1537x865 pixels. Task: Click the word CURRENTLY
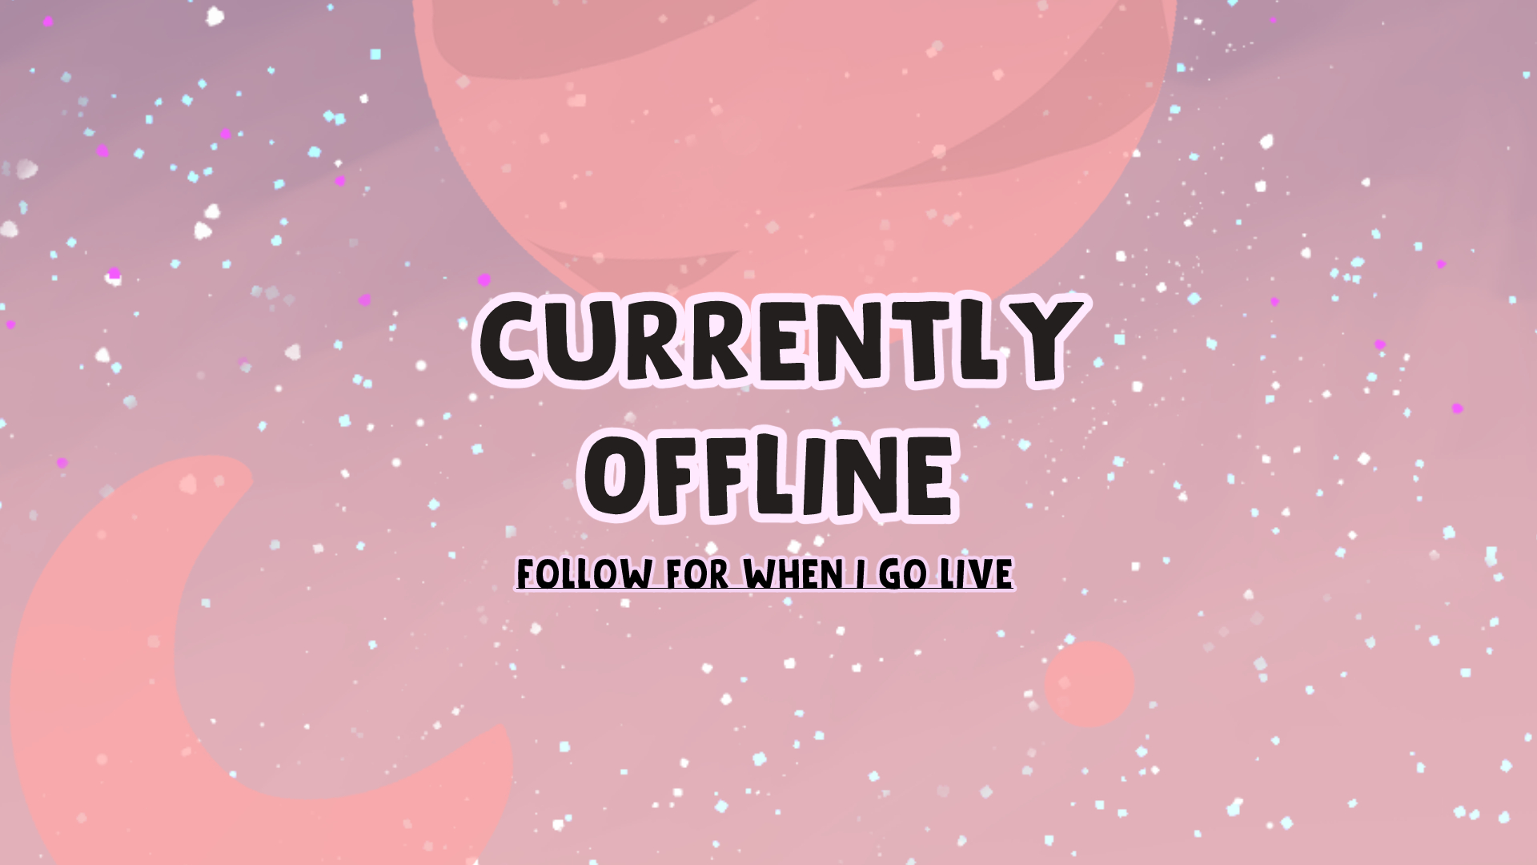pyautogui.click(x=778, y=340)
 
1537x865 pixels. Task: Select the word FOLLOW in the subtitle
pyautogui.click(x=584, y=573)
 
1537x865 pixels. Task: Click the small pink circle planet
pyautogui.click(x=1090, y=684)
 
